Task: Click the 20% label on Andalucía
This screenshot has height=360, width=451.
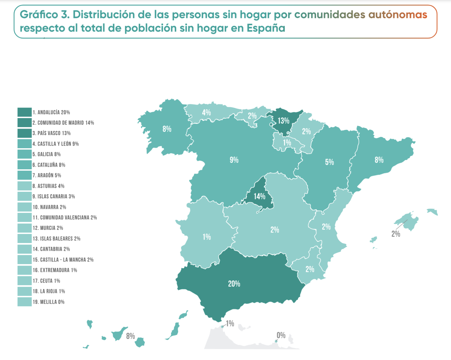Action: pos(233,284)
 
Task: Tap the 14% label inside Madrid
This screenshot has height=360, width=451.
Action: pos(259,196)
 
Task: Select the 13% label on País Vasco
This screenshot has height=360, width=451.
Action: pos(283,121)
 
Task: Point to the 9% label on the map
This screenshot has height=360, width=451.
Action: pos(234,160)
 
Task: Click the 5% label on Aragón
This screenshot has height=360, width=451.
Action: pos(329,162)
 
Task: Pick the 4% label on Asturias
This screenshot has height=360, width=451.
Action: pos(206,112)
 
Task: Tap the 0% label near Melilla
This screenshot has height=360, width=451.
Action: pos(281,335)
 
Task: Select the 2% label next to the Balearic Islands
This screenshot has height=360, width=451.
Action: pos(395,234)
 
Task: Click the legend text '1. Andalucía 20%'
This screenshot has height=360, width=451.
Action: pos(51,112)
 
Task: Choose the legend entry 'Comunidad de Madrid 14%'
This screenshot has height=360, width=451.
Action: pos(63,123)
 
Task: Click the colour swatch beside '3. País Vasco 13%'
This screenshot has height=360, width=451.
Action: pos(24,133)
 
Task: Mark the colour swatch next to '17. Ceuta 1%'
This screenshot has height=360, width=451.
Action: pos(24,281)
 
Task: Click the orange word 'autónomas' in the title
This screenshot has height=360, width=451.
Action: pos(397,15)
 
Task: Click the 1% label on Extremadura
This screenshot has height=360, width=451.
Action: pos(206,237)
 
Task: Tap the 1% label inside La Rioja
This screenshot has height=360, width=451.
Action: pos(287,143)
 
